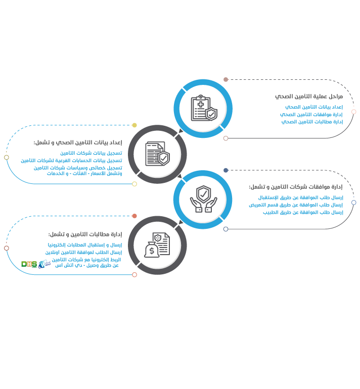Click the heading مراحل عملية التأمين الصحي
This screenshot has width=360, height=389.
(309, 96)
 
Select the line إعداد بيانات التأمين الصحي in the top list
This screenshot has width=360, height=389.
(314, 107)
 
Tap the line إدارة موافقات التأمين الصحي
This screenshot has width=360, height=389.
(311, 114)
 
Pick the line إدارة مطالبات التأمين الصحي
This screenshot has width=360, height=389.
(312, 122)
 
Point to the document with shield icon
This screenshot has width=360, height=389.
(158, 154)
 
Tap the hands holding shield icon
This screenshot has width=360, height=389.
(204, 199)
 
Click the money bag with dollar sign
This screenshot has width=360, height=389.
(152, 250)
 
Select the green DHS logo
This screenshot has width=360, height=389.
(29, 264)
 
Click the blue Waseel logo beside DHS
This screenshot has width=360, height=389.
(44, 264)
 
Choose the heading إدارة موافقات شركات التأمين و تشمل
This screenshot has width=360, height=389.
(296, 187)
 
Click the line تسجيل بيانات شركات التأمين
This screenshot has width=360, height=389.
(91, 153)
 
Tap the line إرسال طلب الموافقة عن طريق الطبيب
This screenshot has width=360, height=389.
(303, 212)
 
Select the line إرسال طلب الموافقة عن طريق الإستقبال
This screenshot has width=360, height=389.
(301, 198)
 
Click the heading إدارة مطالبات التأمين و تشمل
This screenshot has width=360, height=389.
(85, 234)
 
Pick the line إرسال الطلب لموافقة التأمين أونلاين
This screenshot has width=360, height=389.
(83, 252)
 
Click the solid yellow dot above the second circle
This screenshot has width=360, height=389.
(134, 125)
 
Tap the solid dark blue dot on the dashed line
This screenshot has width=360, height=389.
(226, 170)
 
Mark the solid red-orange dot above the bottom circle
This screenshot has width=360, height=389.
(134, 216)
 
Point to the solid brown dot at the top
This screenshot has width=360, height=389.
(226, 79)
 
